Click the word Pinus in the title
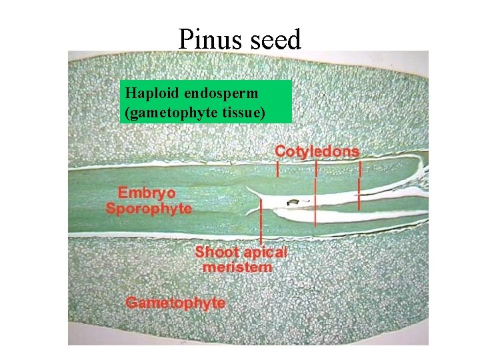(211, 40)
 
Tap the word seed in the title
(276, 40)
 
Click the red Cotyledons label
(317, 151)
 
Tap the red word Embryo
(147, 193)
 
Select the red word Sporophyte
(149, 208)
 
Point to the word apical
(263, 253)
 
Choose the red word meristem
(237, 267)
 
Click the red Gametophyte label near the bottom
(175, 303)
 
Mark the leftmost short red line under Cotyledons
(278, 169)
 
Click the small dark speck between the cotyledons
(291, 200)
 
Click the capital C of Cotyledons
(281, 151)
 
